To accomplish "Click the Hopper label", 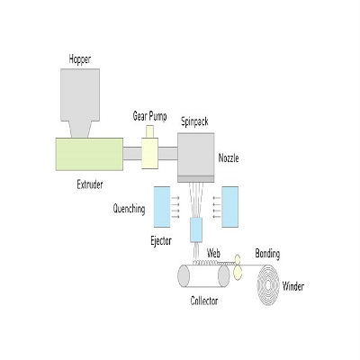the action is tap(80, 59).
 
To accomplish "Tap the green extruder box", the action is tap(89, 154).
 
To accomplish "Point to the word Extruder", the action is tap(90, 184).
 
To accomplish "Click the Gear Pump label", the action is tap(149, 116).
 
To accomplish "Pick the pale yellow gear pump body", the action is tap(149, 153).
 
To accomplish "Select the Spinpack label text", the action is tap(194, 121).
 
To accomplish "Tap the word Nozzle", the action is tap(229, 158).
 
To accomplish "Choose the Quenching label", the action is tap(129, 209).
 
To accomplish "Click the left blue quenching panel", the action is tap(162, 207).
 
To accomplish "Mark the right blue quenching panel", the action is tap(230, 207).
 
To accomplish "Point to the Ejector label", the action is tap(161, 240).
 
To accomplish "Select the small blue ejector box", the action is tap(196, 229).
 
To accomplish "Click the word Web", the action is tap(213, 254).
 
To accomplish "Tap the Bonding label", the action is tap(267, 254).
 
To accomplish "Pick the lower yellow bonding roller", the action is tap(238, 273).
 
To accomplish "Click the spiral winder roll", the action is tap(268, 285).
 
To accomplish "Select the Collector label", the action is tap(204, 301).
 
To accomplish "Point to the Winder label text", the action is tap(293, 286).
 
